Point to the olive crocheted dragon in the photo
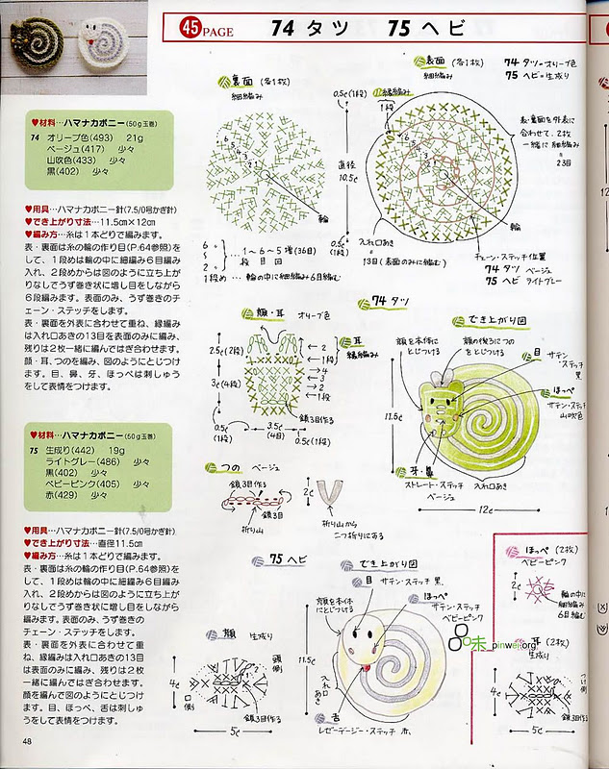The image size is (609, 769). [x=30, y=41]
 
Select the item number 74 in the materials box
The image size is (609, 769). [x=34, y=138]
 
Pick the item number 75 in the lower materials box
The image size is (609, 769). [x=34, y=449]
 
